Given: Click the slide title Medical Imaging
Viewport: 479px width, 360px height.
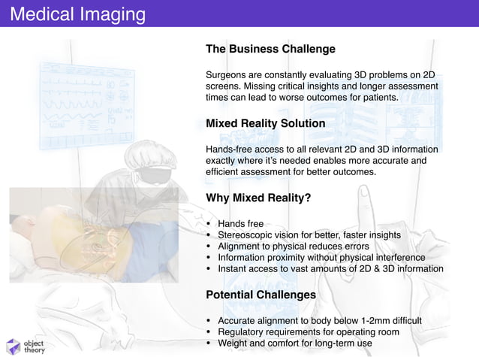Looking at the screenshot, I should click(x=73, y=14).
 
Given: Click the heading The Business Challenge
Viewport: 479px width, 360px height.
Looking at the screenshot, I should click(x=270, y=50).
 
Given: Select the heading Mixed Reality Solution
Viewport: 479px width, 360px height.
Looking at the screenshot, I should click(x=265, y=123).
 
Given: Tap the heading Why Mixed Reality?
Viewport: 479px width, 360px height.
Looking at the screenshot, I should click(x=258, y=198).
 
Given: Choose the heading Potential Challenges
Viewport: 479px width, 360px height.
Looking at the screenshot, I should click(x=261, y=295).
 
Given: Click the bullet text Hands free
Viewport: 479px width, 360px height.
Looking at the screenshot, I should click(x=240, y=224).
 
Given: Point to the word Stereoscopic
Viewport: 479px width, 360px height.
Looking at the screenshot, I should click(x=247, y=235).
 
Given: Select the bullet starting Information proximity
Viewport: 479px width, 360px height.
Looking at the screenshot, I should click(x=321, y=258).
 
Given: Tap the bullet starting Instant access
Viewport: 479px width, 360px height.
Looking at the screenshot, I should click(x=330, y=269).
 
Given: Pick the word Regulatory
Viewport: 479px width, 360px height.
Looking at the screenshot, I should click(x=243, y=332).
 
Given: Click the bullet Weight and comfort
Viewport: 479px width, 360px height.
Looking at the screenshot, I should click(x=294, y=343).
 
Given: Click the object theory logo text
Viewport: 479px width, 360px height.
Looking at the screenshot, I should click(x=34, y=346).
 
